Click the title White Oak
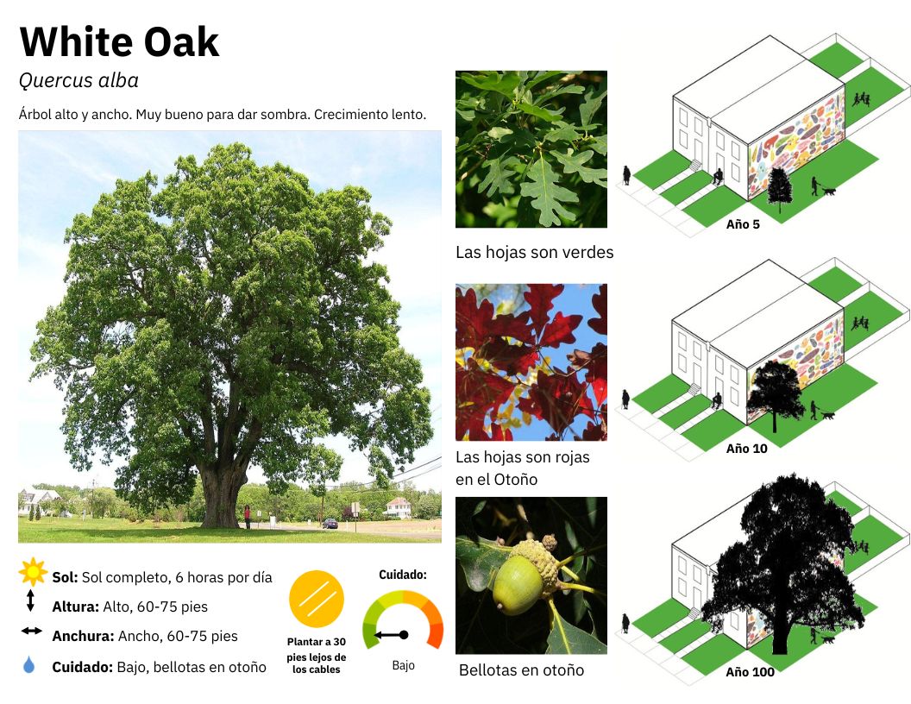119,41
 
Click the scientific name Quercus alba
79,80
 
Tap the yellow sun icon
33,572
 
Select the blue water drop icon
29,664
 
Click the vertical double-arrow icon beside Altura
30,600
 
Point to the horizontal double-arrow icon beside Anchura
31,631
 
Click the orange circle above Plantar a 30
317,599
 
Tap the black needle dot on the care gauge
404,635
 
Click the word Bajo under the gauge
403,666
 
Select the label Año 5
743,224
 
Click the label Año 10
746,449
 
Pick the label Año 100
750,672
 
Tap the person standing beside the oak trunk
248,517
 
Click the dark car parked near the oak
330,524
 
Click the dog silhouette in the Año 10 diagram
828,415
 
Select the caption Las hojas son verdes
535,252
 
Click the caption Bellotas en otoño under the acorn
521,669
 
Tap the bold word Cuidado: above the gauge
403,575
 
